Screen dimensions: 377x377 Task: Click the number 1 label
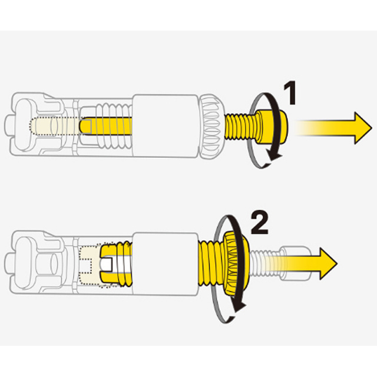[290, 93]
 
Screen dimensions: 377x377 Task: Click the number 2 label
[259, 224]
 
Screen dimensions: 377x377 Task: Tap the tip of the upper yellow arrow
[372, 128]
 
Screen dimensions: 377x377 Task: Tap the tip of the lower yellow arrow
[337, 263]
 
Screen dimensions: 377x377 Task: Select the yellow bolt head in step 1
[272, 127]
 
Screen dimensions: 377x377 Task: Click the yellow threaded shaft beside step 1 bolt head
[240, 127]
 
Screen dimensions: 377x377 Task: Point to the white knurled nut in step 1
[211, 125]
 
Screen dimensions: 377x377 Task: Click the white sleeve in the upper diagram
[165, 126]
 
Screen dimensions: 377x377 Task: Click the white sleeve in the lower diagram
[165, 264]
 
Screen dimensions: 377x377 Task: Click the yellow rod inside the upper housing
[106, 126]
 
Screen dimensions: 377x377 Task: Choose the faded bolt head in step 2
[296, 263]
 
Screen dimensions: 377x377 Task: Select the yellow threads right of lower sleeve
[211, 264]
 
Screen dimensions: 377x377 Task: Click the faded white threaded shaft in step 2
[266, 263]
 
